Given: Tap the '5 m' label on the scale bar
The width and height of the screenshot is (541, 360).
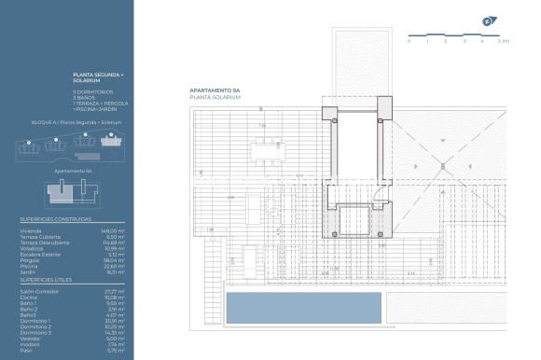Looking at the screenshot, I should pos(504,42).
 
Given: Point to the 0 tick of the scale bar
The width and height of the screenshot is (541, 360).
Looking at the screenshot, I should pos(409,42).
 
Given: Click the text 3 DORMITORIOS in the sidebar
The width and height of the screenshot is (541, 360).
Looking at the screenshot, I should pos(93,91).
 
